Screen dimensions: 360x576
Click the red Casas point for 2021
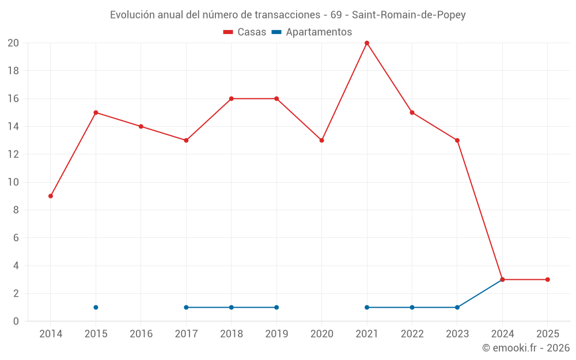tap(367, 43)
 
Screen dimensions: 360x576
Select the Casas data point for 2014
tap(51, 196)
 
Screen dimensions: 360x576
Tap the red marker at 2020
tap(321, 141)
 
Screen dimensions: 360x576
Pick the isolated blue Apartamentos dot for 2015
tap(96, 308)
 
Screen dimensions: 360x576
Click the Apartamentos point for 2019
tap(276, 308)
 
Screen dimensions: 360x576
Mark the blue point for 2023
tap(457, 308)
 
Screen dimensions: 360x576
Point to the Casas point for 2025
tap(547, 280)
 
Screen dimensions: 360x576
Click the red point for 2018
tap(231, 98)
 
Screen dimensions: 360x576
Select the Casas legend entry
tap(245, 32)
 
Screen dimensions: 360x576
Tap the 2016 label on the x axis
tap(141, 334)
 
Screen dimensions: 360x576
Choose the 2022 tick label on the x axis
tap(412, 334)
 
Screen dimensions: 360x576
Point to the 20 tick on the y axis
tap(13, 43)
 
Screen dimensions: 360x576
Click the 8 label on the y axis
tap(16, 210)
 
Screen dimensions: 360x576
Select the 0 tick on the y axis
tap(16, 321)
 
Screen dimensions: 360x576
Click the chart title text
tap(287, 15)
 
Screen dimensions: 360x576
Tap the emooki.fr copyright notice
tap(525, 348)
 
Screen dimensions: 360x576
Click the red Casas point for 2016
tap(141, 127)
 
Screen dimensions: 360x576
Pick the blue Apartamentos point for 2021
tap(367, 308)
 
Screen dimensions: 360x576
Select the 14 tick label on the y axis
tap(13, 127)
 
